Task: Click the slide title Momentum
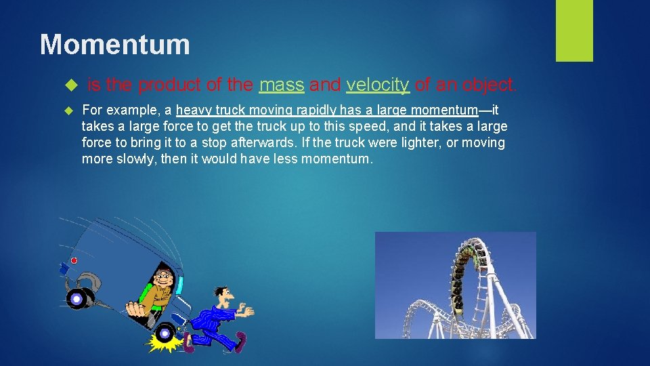pos(114,45)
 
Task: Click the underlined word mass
pos(282,85)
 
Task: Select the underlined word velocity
pos(378,85)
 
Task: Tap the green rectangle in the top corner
pos(574,30)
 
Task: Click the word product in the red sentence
pos(169,85)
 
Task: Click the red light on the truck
pos(74,260)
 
